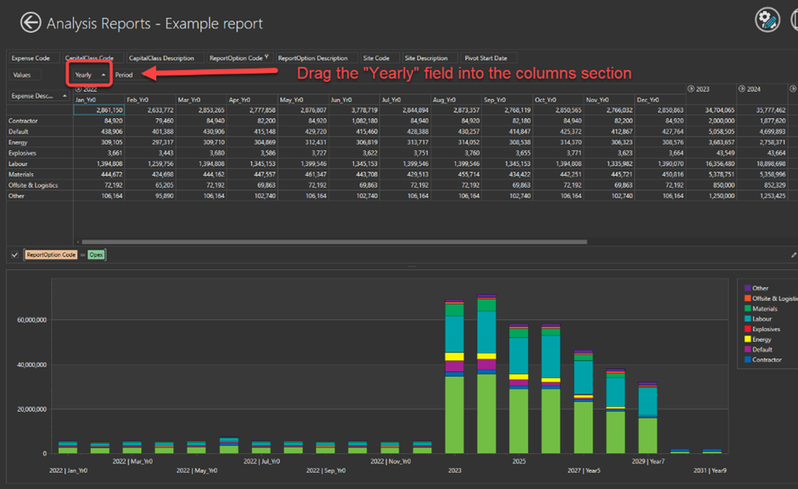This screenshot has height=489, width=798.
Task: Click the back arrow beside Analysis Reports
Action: pos(31,23)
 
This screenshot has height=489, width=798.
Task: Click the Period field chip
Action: pos(124,75)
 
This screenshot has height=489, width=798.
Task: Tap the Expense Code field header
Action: pos(31,58)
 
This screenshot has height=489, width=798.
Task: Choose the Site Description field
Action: pos(426,58)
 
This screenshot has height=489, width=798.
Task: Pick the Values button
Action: pos(22,75)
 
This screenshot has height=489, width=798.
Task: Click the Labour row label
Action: pos(20,163)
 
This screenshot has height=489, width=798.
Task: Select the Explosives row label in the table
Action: pos(25,153)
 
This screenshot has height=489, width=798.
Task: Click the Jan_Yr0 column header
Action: pos(86,99)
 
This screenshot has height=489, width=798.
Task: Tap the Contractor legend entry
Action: pos(767,360)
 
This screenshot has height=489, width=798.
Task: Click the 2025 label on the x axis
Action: pos(518,460)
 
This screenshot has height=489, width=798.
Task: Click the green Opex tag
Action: pos(96,255)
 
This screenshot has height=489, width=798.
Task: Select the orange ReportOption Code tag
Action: pos(51,255)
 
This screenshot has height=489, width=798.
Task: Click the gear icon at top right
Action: pos(768,21)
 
